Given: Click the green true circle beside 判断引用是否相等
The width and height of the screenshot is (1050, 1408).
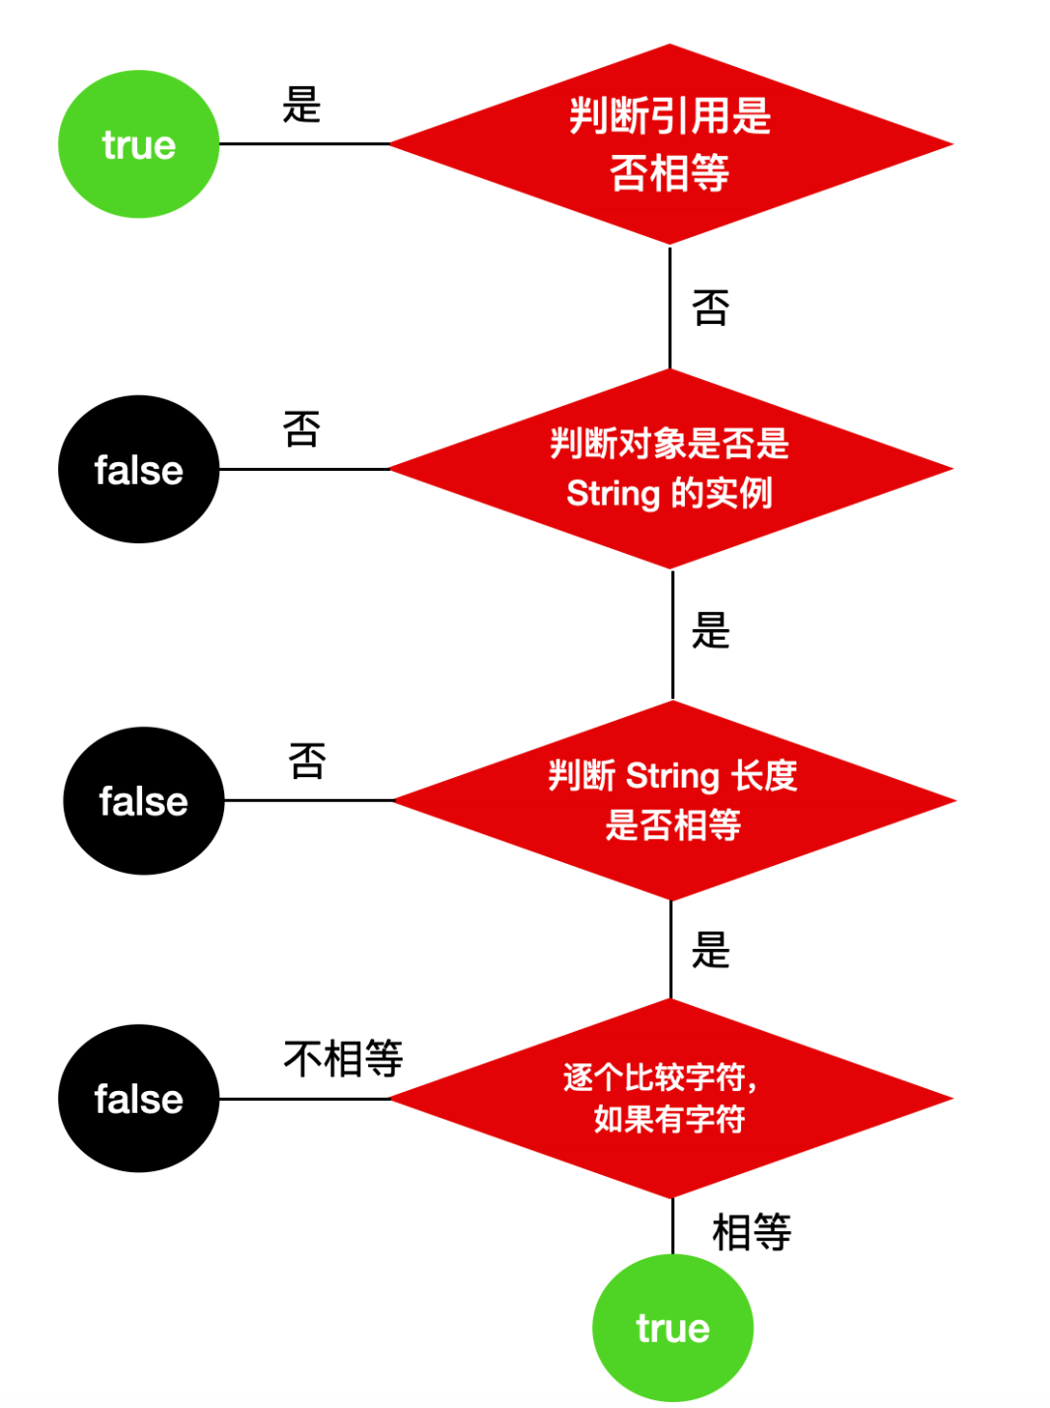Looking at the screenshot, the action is click(138, 144).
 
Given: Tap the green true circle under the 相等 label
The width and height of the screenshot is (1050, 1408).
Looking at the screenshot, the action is click(672, 1327).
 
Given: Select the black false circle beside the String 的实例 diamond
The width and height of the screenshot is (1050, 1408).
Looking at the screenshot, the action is click(138, 469).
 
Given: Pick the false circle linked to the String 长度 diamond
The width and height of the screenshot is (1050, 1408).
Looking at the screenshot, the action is click(144, 801).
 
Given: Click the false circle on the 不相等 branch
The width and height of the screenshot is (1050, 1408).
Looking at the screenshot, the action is click(138, 1098).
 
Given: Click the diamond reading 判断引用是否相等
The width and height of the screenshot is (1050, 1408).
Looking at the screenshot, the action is click(670, 144).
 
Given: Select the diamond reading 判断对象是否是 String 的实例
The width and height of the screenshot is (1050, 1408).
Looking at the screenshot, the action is click(670, 469).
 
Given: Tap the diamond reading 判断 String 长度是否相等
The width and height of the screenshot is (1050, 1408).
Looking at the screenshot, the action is click(674, 801).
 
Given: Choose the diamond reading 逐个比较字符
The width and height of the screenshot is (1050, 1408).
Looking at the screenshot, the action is click(671, 1098).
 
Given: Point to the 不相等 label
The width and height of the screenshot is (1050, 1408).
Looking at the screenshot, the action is click(343, 1058).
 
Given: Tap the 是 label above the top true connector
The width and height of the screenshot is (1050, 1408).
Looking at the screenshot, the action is click(301, 104).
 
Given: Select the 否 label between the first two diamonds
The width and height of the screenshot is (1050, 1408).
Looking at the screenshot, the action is click(711, 307).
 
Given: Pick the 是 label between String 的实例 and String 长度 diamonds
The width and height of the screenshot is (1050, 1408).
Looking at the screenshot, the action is click(711, 630).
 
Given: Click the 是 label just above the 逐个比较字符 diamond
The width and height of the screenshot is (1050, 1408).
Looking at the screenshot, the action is click(711, 950).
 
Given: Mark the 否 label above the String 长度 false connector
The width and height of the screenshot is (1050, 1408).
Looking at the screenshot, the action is click(307, 760).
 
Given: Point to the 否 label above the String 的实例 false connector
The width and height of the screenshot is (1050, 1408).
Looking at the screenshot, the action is click(301, 429).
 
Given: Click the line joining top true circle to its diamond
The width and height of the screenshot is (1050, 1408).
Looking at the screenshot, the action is click(305, 144).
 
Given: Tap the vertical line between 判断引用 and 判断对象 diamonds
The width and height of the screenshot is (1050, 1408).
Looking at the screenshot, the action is click(670, 307).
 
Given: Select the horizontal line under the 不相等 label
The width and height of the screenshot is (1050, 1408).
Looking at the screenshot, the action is click(305, 1099).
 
